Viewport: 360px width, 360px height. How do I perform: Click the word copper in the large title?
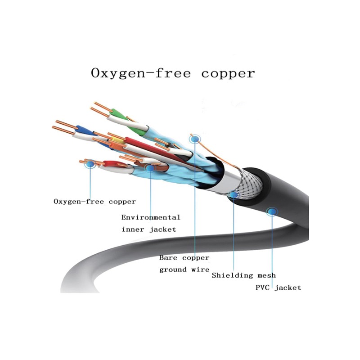(228, 73)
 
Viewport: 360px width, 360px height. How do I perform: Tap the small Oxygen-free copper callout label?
(94, 201)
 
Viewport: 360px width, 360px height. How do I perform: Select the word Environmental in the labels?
(151, 217)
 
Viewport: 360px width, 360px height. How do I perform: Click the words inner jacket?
(148, 229)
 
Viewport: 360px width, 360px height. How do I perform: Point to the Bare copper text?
(184, 258)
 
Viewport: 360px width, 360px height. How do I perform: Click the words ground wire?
(184, 270)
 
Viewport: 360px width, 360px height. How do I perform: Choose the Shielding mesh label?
(243, 275)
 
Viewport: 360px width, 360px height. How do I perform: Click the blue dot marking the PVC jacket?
(272, 211)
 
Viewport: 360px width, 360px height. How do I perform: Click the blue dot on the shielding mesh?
(234, 195)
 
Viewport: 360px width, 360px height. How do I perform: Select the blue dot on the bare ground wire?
(194, 139)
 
